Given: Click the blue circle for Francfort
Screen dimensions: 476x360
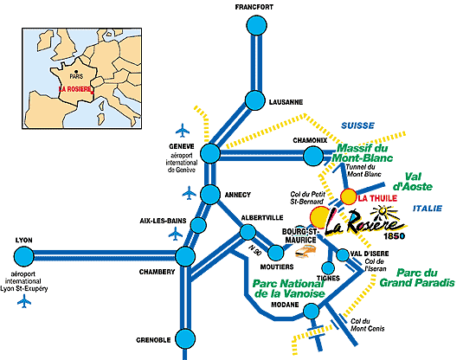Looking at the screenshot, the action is pos(256,25).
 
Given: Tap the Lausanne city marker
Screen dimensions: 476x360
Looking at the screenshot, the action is pos(255,100).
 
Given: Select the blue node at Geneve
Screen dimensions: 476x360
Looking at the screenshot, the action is pos(210,153).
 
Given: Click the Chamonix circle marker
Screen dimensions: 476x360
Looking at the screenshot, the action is pos(313,156).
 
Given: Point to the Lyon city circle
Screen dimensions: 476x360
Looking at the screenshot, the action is pos(23,256).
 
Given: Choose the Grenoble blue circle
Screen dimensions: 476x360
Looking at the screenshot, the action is pos(185,338).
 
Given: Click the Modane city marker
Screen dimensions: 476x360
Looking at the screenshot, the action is pos(312,311).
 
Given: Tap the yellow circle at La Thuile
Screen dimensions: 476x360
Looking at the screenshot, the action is pos(349,196).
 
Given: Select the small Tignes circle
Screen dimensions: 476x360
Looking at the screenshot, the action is pos(328,268).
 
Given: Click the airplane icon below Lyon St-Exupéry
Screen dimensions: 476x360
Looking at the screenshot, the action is pos(24,302).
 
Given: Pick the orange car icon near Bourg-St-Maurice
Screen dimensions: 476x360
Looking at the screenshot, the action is pos(306,252).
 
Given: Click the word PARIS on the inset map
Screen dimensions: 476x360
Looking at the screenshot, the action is pos(76,76).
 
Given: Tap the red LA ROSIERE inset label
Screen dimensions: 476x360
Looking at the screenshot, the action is pos(75,89).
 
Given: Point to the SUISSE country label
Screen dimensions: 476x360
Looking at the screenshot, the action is pos(358,125).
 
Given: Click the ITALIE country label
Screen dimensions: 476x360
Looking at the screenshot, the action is pos(428,209).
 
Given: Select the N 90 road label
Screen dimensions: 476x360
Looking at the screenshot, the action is pos(255,249).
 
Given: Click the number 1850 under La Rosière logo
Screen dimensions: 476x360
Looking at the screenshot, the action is pos(394,236).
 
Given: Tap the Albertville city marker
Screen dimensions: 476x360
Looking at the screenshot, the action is pos(248,232).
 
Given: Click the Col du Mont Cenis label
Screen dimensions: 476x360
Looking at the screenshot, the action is pos(367,325).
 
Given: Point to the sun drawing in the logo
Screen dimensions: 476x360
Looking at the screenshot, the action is pos(383,212).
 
